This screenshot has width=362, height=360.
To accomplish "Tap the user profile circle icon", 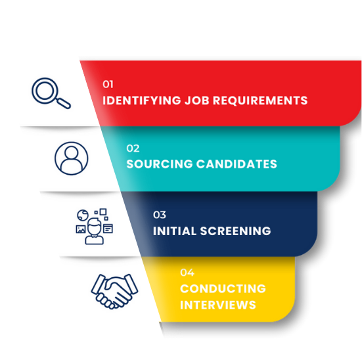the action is point(72,158).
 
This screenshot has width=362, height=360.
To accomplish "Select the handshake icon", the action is point(114,292).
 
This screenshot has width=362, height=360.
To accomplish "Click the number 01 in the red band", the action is point(108,84).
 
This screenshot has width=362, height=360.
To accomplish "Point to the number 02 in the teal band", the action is point(133,148).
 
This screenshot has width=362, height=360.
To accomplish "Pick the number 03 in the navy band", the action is point(160,215).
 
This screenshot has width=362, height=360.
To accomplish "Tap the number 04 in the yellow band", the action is point(187,273).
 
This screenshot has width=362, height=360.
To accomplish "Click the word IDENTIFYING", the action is point(142,101).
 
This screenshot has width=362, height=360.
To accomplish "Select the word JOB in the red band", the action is point(197,101).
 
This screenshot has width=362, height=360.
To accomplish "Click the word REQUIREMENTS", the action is point(260,101).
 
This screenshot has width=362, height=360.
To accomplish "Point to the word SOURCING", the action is point(160,164).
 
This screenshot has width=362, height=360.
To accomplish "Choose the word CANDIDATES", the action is point(237,164).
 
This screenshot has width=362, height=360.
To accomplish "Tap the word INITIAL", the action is point(175,231).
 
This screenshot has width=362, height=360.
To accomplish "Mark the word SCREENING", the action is point(235,231).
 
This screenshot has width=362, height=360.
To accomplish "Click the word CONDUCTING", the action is point(223,288).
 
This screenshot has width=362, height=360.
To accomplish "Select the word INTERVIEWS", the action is point(218,305).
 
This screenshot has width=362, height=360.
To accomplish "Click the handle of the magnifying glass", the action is point(64,103).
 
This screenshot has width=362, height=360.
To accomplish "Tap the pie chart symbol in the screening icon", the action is point(83,215).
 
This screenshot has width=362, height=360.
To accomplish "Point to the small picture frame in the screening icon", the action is point(81,229).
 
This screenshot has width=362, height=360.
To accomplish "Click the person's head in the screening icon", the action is point(95,227).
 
